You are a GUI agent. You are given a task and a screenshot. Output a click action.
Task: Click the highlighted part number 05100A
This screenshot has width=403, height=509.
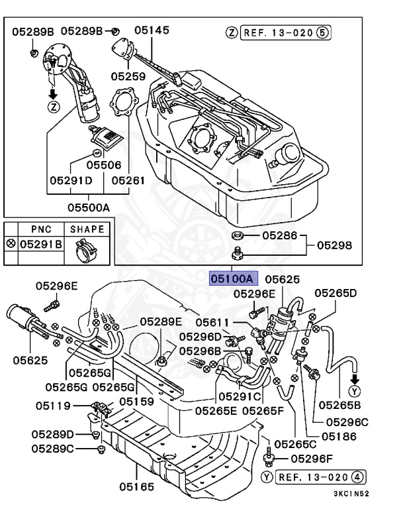click(232, 279)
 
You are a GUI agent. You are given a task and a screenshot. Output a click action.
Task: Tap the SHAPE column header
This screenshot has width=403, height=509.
click(87, 229)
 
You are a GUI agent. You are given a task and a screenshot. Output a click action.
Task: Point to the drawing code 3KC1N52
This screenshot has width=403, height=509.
click(351, 494)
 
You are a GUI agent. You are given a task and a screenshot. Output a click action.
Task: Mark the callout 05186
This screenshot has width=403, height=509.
click(339, 436)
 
